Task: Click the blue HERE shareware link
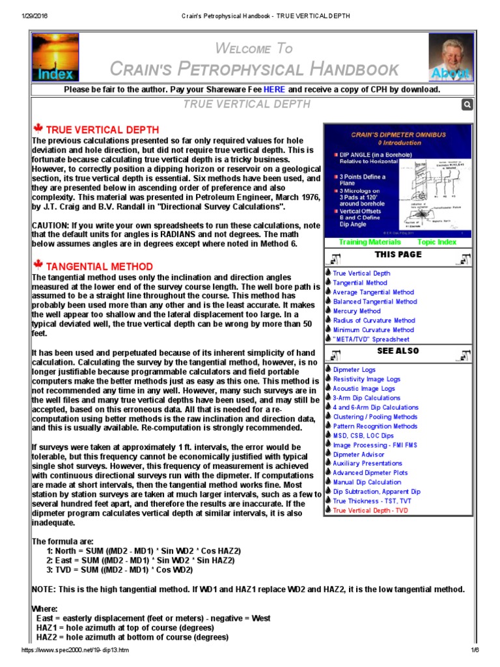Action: click(274, 89)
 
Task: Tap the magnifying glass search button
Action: click(467, 105)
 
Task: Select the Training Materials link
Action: click(370, 242)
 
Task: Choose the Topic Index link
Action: click(437, 242)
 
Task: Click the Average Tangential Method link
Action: click(373, 292)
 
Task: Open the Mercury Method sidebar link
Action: click(357, 311)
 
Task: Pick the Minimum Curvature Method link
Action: click(374, 330)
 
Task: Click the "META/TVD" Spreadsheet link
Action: click(371, 339)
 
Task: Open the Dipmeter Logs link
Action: click(354, 369)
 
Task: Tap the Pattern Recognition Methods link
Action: click(375, 426)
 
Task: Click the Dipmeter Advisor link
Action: click(359, 454)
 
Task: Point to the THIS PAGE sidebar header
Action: click(398, 255)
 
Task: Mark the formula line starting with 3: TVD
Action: click(119, 569)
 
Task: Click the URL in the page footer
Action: click(76, 650)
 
